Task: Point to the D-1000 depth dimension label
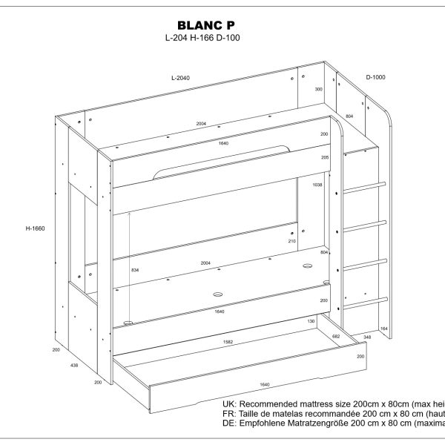click(377, 77)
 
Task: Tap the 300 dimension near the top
click(319, 89)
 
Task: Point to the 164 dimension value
click(384, 327)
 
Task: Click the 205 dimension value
click(323, 157)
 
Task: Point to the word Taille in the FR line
click(252, 412)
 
